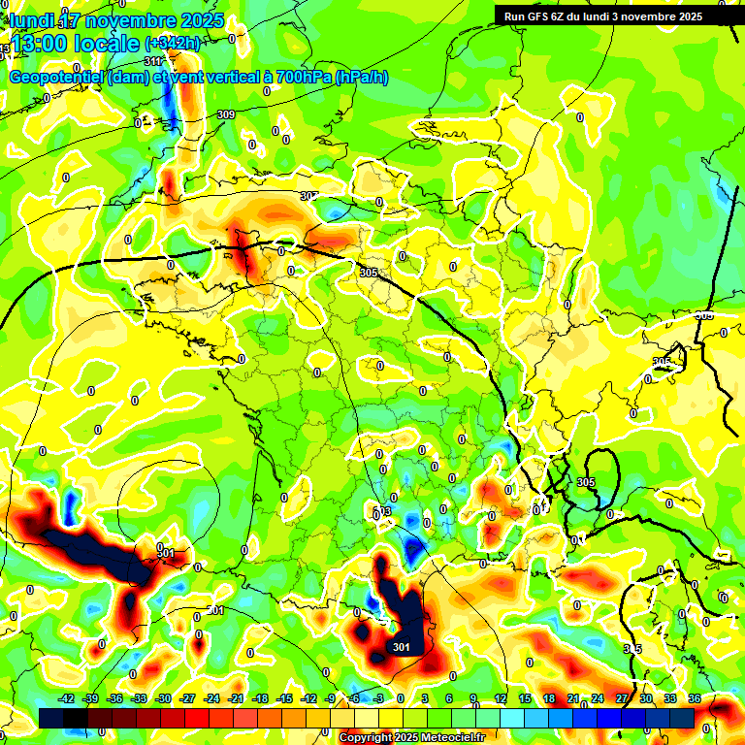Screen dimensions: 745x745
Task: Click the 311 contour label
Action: coord(153,61)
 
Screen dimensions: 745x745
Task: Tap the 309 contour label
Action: coord(226,114)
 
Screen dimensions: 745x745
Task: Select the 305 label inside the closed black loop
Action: coord(585,482)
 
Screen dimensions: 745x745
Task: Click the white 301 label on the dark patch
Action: coord(401,647)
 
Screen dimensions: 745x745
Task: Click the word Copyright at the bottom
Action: coord(367,738)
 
